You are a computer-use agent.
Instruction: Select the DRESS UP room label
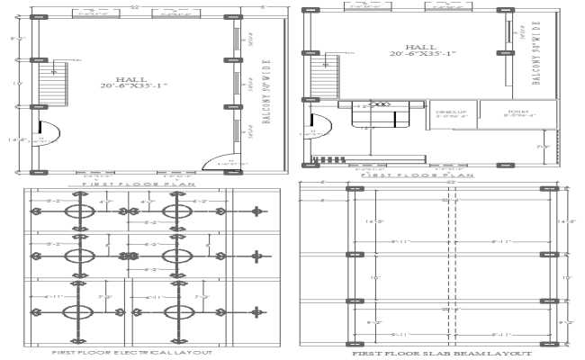click(x=447, y=113)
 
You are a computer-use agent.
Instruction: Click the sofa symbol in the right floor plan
click(x=375, y=109)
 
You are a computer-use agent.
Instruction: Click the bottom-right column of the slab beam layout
click(x=546, y=343)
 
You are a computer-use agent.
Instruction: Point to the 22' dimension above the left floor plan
click(x=132, y=6)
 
